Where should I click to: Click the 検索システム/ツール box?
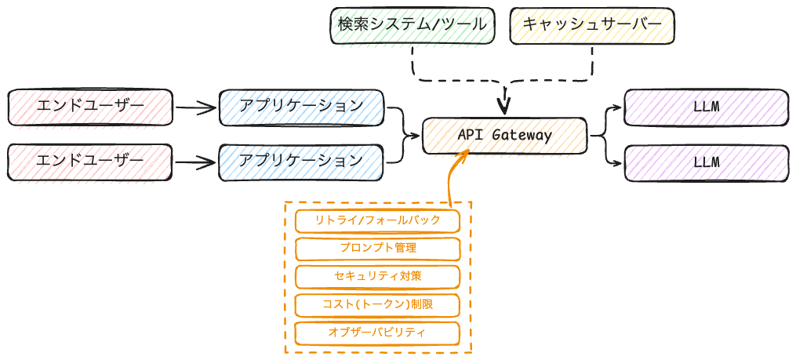click(413, 24)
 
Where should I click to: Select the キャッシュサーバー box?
click(592, 24)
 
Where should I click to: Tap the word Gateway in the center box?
click(522, 135)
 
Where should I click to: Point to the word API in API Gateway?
click(471, 135)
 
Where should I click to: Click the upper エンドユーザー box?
click(90, 107)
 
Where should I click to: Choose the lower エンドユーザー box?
click(90, 162)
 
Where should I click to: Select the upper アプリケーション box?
click(301, 107)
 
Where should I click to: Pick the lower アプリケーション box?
click(301, 162)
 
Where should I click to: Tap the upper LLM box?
click(707, 107)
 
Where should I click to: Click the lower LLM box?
click(707, 162)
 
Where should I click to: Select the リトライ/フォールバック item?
click(377, 220)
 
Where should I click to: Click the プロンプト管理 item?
click(377, 248)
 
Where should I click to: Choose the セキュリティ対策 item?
click(377, 276)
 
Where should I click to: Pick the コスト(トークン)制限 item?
click(377, 304)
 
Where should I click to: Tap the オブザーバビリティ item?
click(377, 333)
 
